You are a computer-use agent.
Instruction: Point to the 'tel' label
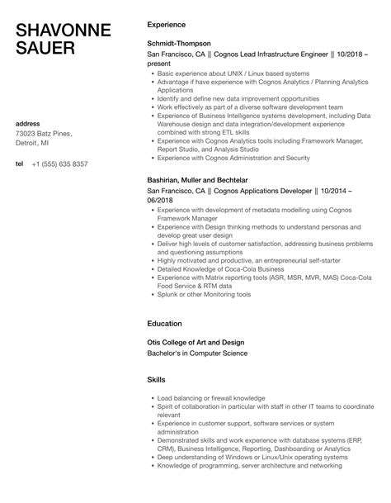(20, 164)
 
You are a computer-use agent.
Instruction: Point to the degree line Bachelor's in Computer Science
(191, 353)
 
